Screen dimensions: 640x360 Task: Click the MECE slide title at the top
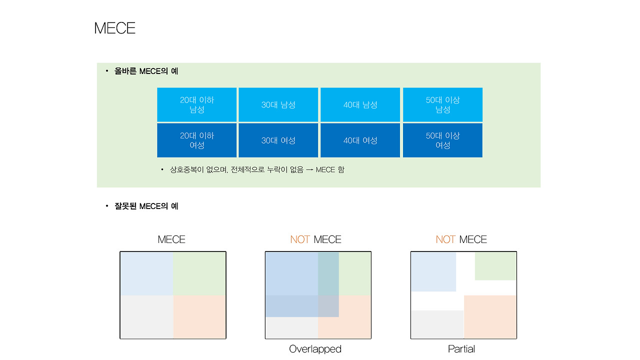(x=114, y=28)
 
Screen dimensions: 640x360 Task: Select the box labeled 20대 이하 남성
(x=197, y=104)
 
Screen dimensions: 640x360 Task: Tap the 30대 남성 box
(x=278, y=104)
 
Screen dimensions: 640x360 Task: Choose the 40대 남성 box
(x=360, y=104)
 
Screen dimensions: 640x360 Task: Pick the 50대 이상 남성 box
(x=442, y=104)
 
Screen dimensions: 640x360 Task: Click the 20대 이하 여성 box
(x=197, y=140)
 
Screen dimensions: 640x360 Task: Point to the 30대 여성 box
(x=278, y=140)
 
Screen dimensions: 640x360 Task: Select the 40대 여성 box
(x=360, y=140)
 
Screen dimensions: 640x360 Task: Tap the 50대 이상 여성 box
(x=442, y=140)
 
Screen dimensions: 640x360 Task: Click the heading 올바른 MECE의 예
(x=146, y=71)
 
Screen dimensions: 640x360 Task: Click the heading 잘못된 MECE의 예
(x=146, y=206)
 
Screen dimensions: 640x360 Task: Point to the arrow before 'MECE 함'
(x=309, y=169)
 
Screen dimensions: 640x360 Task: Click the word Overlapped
(x=315, y=349)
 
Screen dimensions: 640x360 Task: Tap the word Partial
(x=461, y=349)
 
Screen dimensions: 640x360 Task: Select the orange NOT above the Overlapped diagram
(x=300, y=239)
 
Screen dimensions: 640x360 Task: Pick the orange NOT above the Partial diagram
(x=445, y=239)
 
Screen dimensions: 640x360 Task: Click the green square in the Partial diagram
(x=495, y=266)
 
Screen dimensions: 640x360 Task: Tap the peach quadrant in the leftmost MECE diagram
(x=199, y=317)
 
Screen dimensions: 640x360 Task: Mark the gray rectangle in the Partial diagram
(x=437, y=324)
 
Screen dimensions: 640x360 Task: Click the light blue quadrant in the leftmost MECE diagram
(x=146, y=273)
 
